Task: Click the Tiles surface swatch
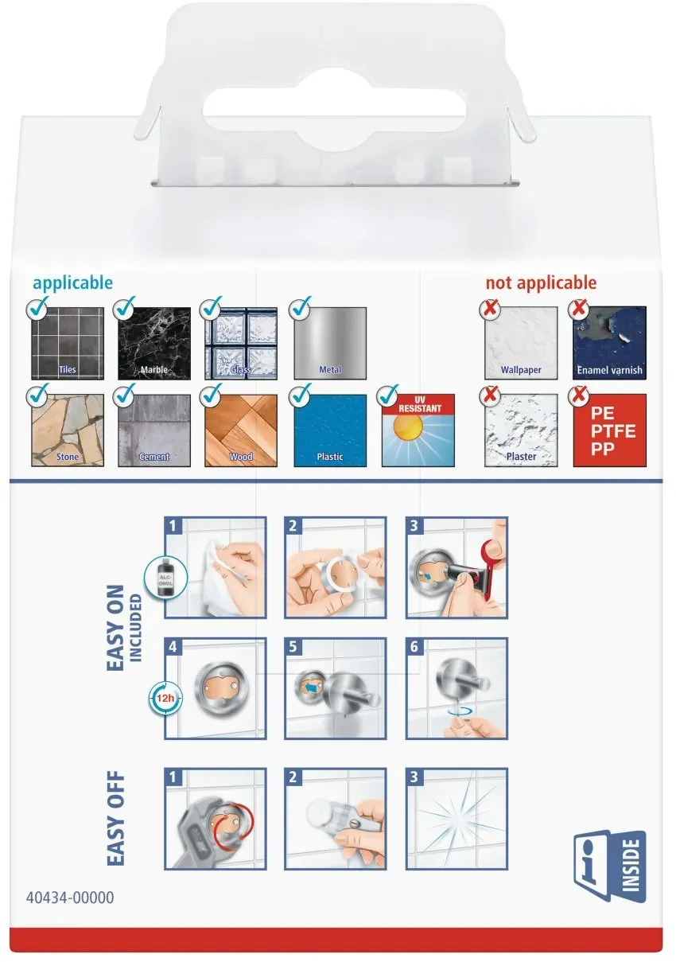[x=68, y=343]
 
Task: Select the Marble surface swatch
[x=154, y=343]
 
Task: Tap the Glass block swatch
[x=241, y=343]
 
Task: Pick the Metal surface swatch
[x=330, y=343]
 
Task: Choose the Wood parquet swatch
[x=241, y=430]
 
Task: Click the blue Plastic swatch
[x=330, y=430]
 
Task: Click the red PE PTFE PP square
[x=609, y=430]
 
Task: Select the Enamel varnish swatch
[x=609, y=343]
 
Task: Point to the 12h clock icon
[x=165, y=699]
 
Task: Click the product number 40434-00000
[x=70, y=898]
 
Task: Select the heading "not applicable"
[x=541, y=282]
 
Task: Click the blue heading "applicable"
[x=73, y=283]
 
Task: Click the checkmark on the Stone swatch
[x=37, y=395]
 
